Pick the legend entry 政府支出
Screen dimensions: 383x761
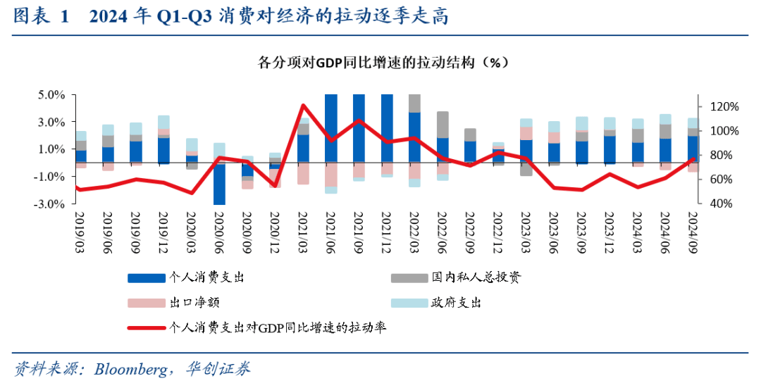[x=456, y=303]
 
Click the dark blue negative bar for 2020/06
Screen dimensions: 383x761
[x=219, y=184]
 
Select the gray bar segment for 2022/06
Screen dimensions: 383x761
[x=443, y=125]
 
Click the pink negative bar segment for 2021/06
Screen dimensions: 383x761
[x=330, y=175]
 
